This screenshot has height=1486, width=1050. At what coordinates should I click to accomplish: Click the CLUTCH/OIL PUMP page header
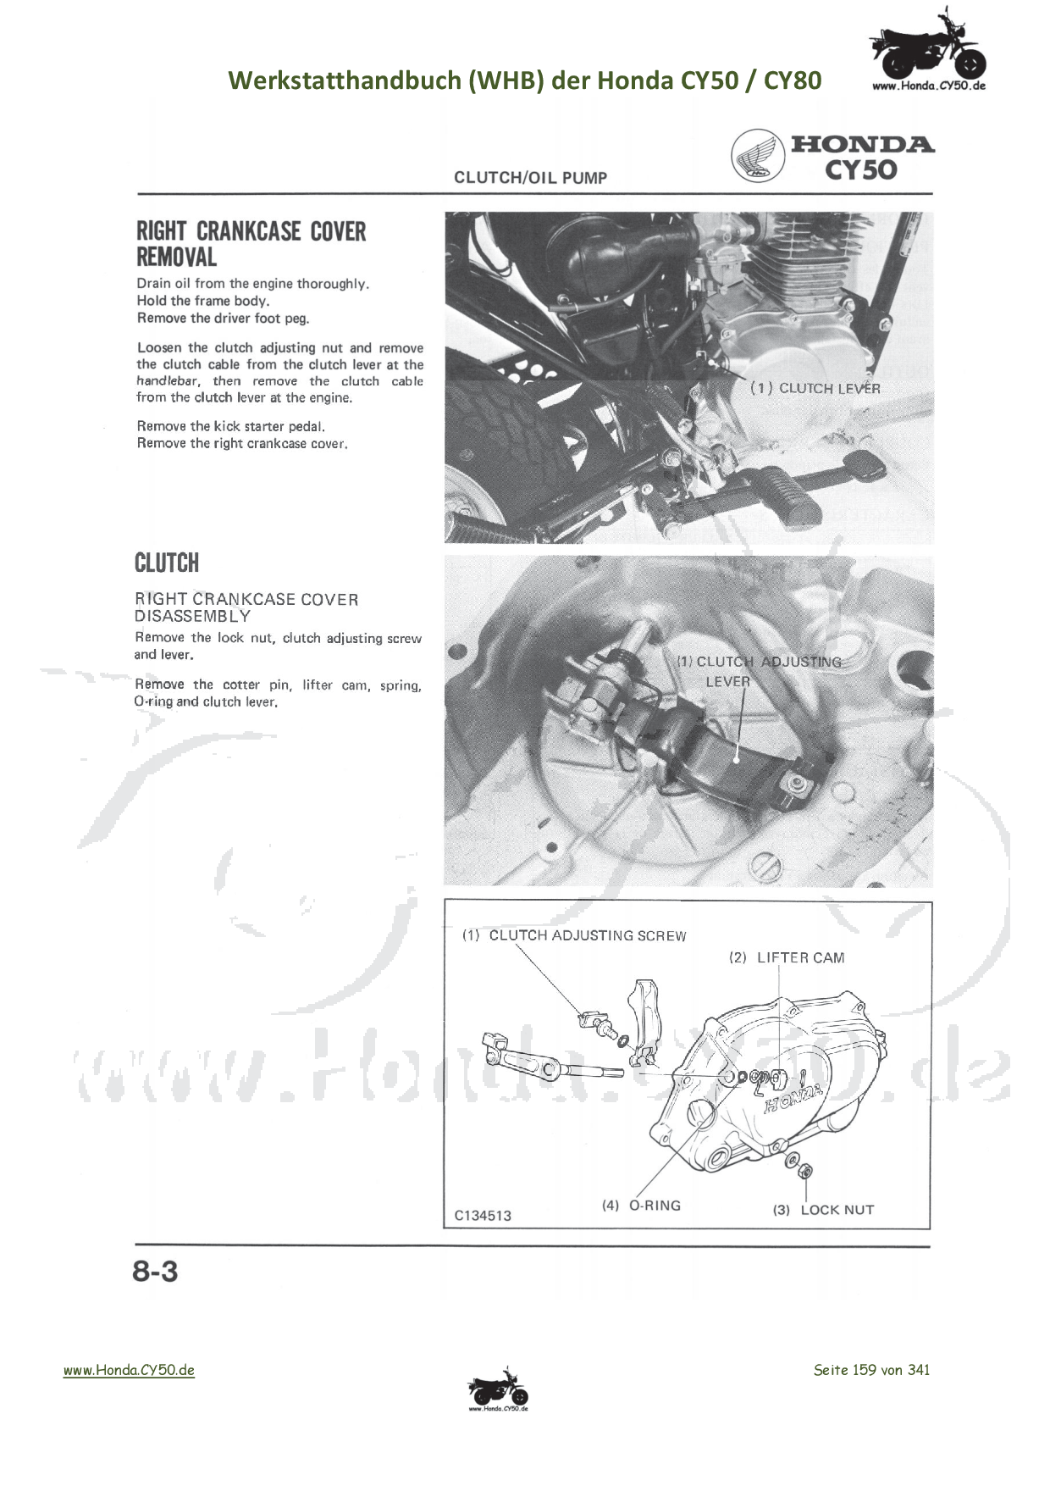[531, 177]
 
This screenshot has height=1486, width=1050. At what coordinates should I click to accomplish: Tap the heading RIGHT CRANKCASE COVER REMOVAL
[251, 244]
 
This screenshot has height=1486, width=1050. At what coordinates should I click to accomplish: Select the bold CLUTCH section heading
[167, 563]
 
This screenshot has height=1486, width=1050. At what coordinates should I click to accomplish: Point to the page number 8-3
[155, 1272]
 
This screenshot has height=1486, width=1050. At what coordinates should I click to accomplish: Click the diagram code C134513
[483, 1216]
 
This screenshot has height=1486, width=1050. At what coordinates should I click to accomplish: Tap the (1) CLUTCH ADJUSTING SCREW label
[574, 935]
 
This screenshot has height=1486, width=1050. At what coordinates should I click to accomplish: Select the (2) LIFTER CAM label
[787, 957]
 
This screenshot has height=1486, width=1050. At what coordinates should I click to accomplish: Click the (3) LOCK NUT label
[823, 1210]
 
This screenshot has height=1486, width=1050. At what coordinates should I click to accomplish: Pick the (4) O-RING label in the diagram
[641, 1206]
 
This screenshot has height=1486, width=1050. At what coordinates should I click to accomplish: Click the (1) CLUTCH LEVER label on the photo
[815, 388]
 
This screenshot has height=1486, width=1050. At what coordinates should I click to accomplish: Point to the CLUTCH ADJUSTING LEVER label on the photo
[760, 671]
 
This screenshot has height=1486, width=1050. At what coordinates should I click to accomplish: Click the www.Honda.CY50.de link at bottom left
[129, 1370]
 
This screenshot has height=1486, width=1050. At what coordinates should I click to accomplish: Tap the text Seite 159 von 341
[871, 1370]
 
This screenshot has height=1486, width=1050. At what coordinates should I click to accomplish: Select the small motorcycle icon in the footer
[498, 1390]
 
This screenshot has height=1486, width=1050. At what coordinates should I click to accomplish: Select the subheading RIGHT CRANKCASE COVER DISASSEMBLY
[246, 607]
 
